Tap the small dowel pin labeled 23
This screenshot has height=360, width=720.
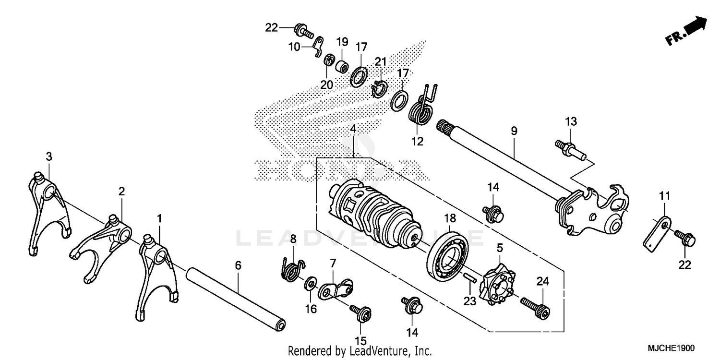coord(470,278)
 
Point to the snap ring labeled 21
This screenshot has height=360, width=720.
coord(379,88)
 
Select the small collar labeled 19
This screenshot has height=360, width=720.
coord(342,65)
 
